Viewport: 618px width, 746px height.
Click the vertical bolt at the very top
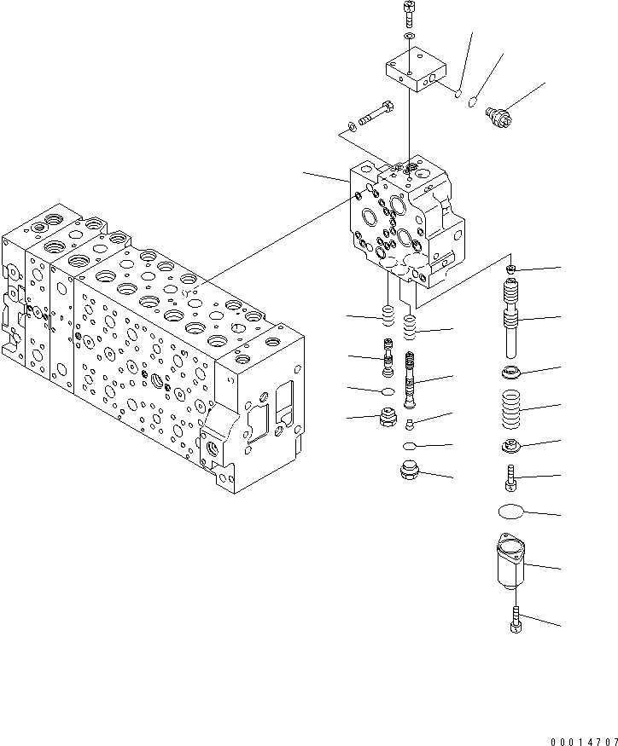[x=408, y=14]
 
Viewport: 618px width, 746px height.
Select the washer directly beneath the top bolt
[x=409, y=38]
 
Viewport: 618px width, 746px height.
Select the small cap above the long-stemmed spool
[x=510, y=269]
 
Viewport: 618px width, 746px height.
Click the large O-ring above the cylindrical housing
[x=512, y=512]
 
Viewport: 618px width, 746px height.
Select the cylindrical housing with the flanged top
[x=512, y=565]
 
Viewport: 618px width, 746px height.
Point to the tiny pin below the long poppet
[x=411, y=423]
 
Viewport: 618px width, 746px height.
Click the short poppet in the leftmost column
[x=388, y=358]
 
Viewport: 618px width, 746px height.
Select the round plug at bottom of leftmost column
[x=388, y=419]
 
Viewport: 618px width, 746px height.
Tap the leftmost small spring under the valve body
[x=387, y=317]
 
